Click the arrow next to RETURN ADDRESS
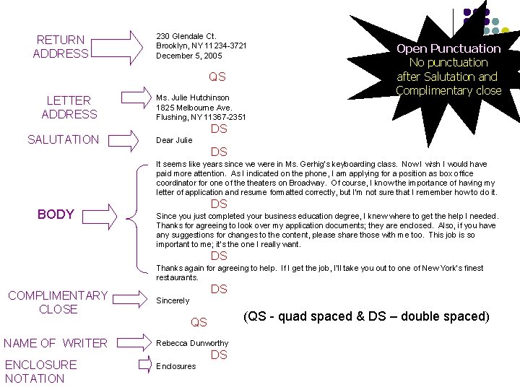(x=117, y=48)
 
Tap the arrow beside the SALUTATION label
(x=123, y=141)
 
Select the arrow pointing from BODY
(x=100, y=217)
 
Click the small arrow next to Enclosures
(x=145, y=365)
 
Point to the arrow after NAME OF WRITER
(x=134, y=342)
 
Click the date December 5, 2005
(x=189, y=56)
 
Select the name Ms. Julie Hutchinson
(x=193, y=97)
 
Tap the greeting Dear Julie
(x=174, y=140)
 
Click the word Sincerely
(x=173, y=300)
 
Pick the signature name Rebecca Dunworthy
(x=192, y=343)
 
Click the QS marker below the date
(x=217, y=77)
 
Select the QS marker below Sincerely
(x=199, y=322)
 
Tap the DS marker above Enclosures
(x=219, y=355)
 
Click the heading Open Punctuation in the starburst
(x=448, y=49)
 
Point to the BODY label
(x=56, y=214)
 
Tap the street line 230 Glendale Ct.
(x=186, y=36)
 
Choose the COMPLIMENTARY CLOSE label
(x=58, y=302)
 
